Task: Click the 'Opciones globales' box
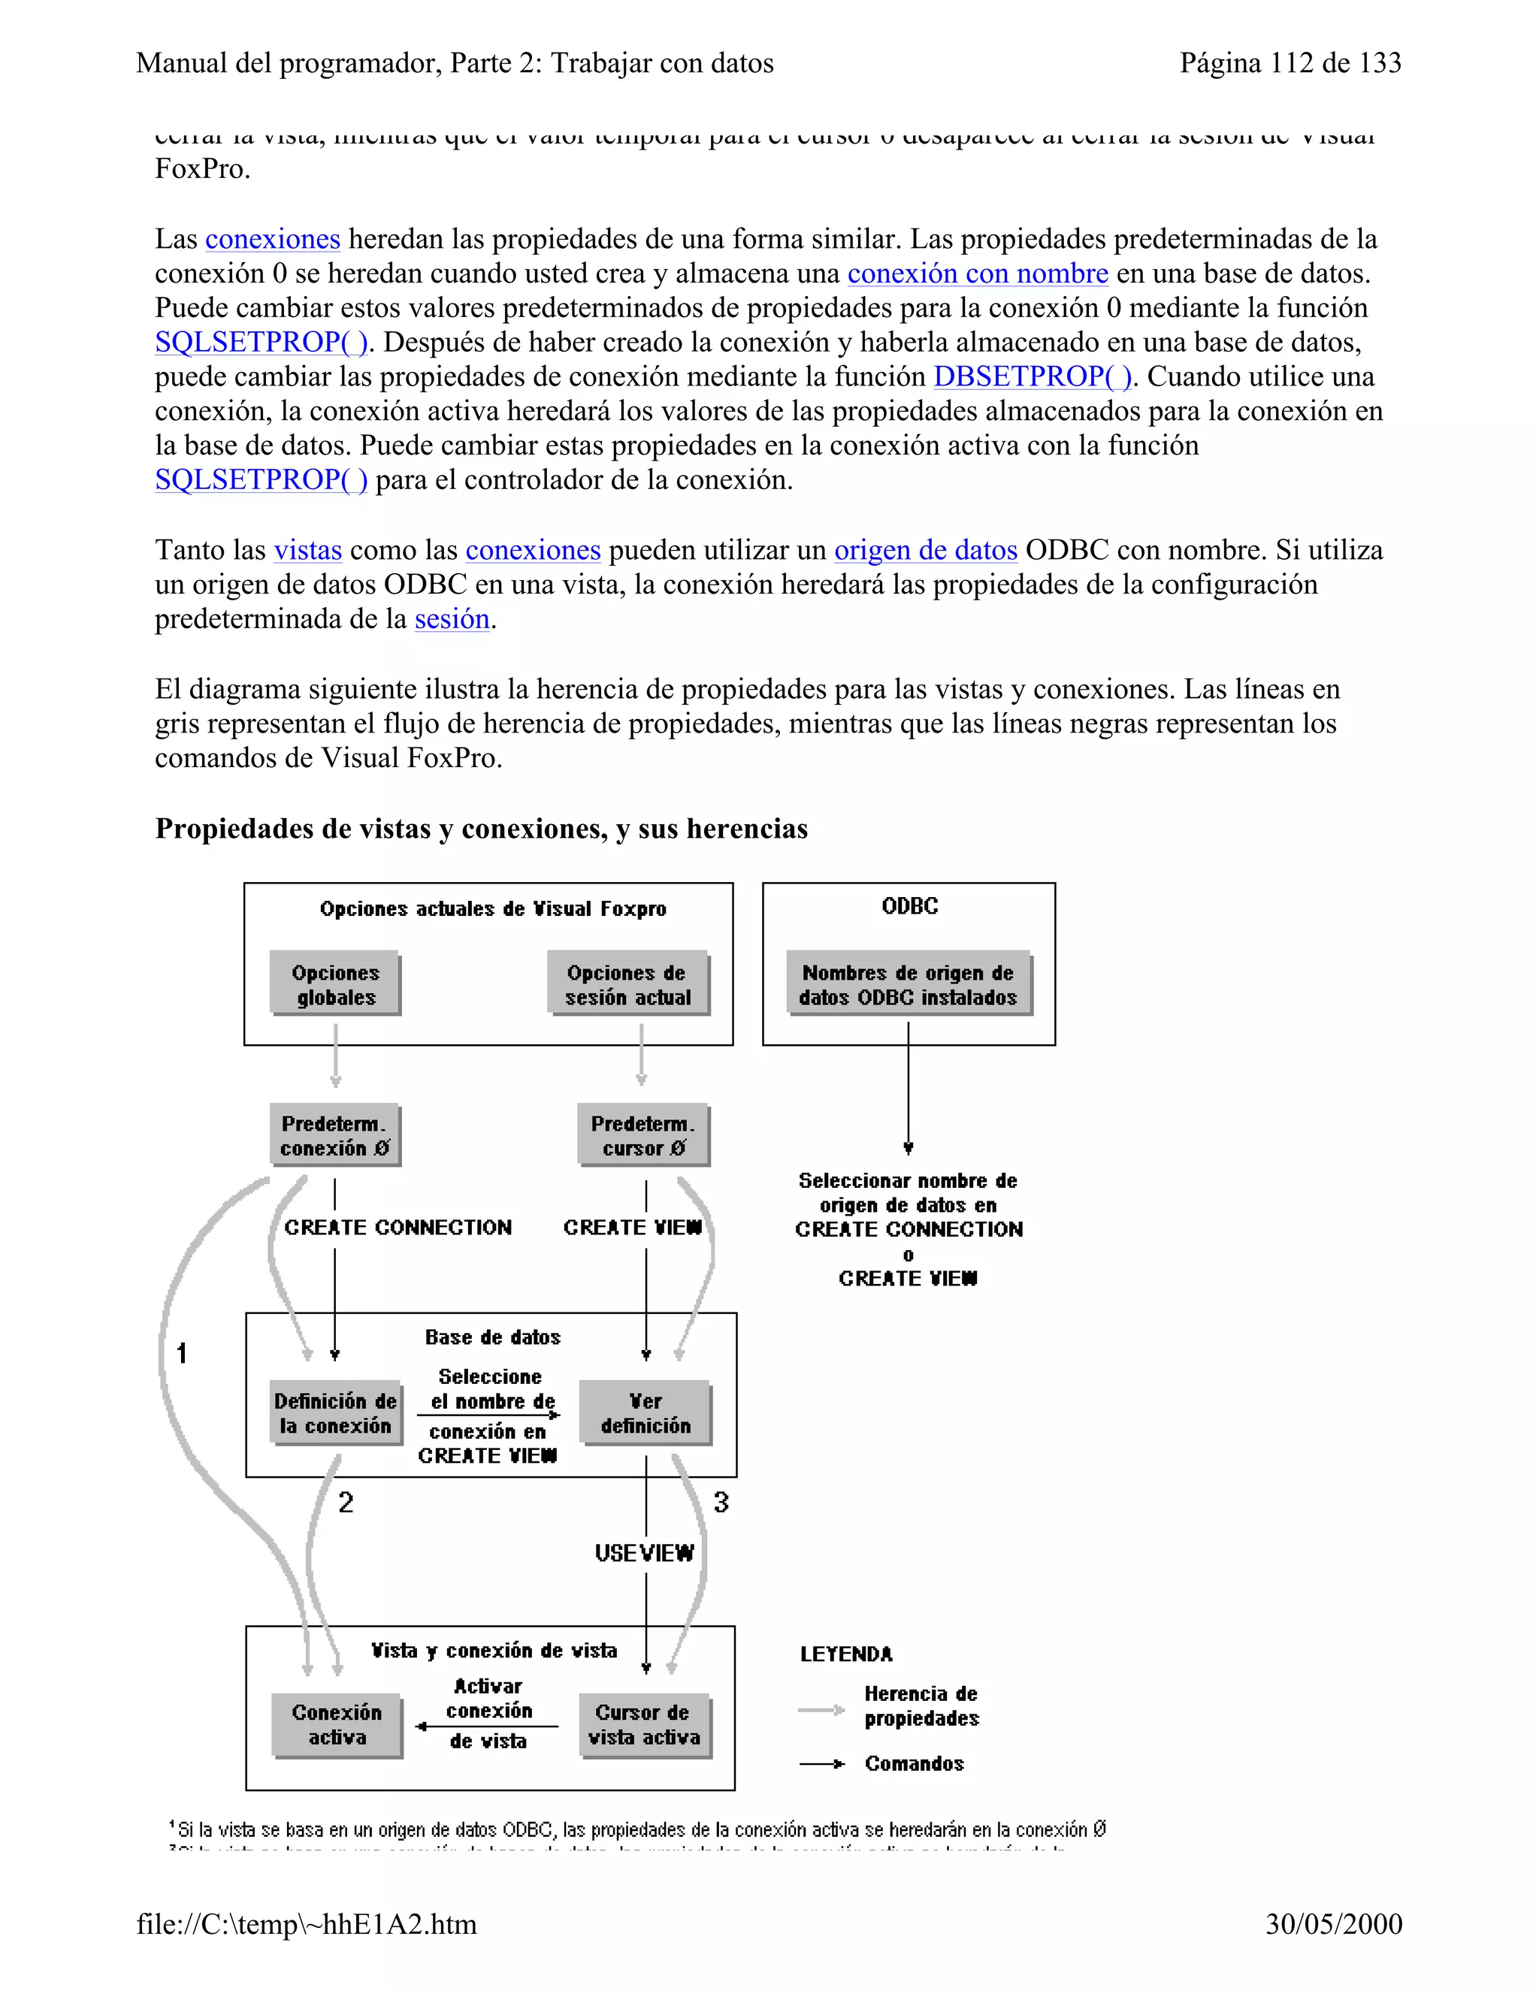coord(335,984)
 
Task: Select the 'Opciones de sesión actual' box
coord(627,984)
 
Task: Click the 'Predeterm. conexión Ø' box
coord(334,1136)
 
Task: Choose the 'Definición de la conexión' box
coord(335,1413)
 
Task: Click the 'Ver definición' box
coord(646,1413)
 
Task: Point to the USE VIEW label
coord(644,1552)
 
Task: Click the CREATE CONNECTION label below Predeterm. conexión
coord(398,1227)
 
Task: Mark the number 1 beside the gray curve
coord(181,1353)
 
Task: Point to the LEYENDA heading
coord(846,1654)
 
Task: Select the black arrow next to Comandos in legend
coord(821,1764)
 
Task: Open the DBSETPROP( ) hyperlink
coord(1032,376)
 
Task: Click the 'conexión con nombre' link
coord(978,273)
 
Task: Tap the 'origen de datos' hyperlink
coord(925,550)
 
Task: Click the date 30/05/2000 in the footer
coord(1333,1923)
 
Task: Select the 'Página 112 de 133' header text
coord(1290,63)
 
